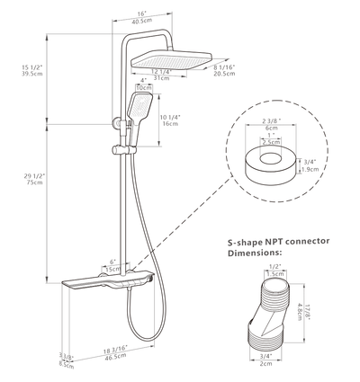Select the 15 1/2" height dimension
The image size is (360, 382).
[33, 68]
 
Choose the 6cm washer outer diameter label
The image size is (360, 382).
[271, 127]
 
